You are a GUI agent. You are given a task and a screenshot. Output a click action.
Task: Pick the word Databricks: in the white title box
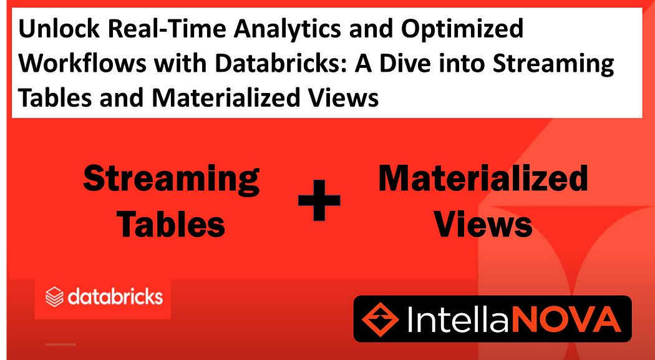pos(276,64)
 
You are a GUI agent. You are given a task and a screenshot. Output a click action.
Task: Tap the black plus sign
pos(319,200)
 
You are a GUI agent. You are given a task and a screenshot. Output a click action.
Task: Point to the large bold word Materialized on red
pos(483,178)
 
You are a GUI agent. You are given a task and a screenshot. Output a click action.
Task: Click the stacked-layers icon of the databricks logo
pos(54,297)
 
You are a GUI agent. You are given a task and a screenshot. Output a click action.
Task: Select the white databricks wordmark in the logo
pos(115,296)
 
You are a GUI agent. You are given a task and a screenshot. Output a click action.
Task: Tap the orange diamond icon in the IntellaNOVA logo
pos(380,318)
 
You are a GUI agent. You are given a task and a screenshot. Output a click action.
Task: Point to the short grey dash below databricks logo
pos(61,344)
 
